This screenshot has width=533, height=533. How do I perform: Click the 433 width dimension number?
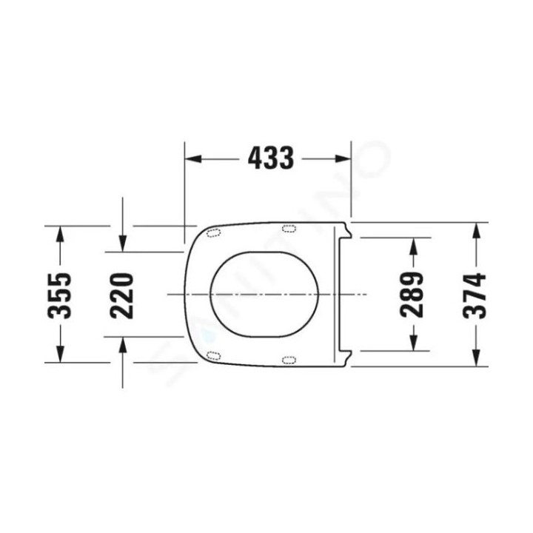(x=271, y=158)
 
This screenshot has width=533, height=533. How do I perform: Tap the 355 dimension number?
(x=60, y=295)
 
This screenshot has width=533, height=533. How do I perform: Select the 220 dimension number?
(x=122, y=295)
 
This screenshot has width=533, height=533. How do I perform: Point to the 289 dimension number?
(x=412, y=295)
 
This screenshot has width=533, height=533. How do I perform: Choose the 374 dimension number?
(x=475, y=295)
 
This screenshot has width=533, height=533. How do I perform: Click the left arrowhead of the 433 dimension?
(x=193, y=158)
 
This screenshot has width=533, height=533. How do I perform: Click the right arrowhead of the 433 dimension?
(x=343, y=158)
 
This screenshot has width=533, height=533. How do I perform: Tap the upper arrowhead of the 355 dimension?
(x=60, y=234)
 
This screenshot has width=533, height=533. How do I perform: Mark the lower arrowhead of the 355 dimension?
(x=60, y=354)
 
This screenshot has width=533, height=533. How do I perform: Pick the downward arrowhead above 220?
(x=123, y=244)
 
